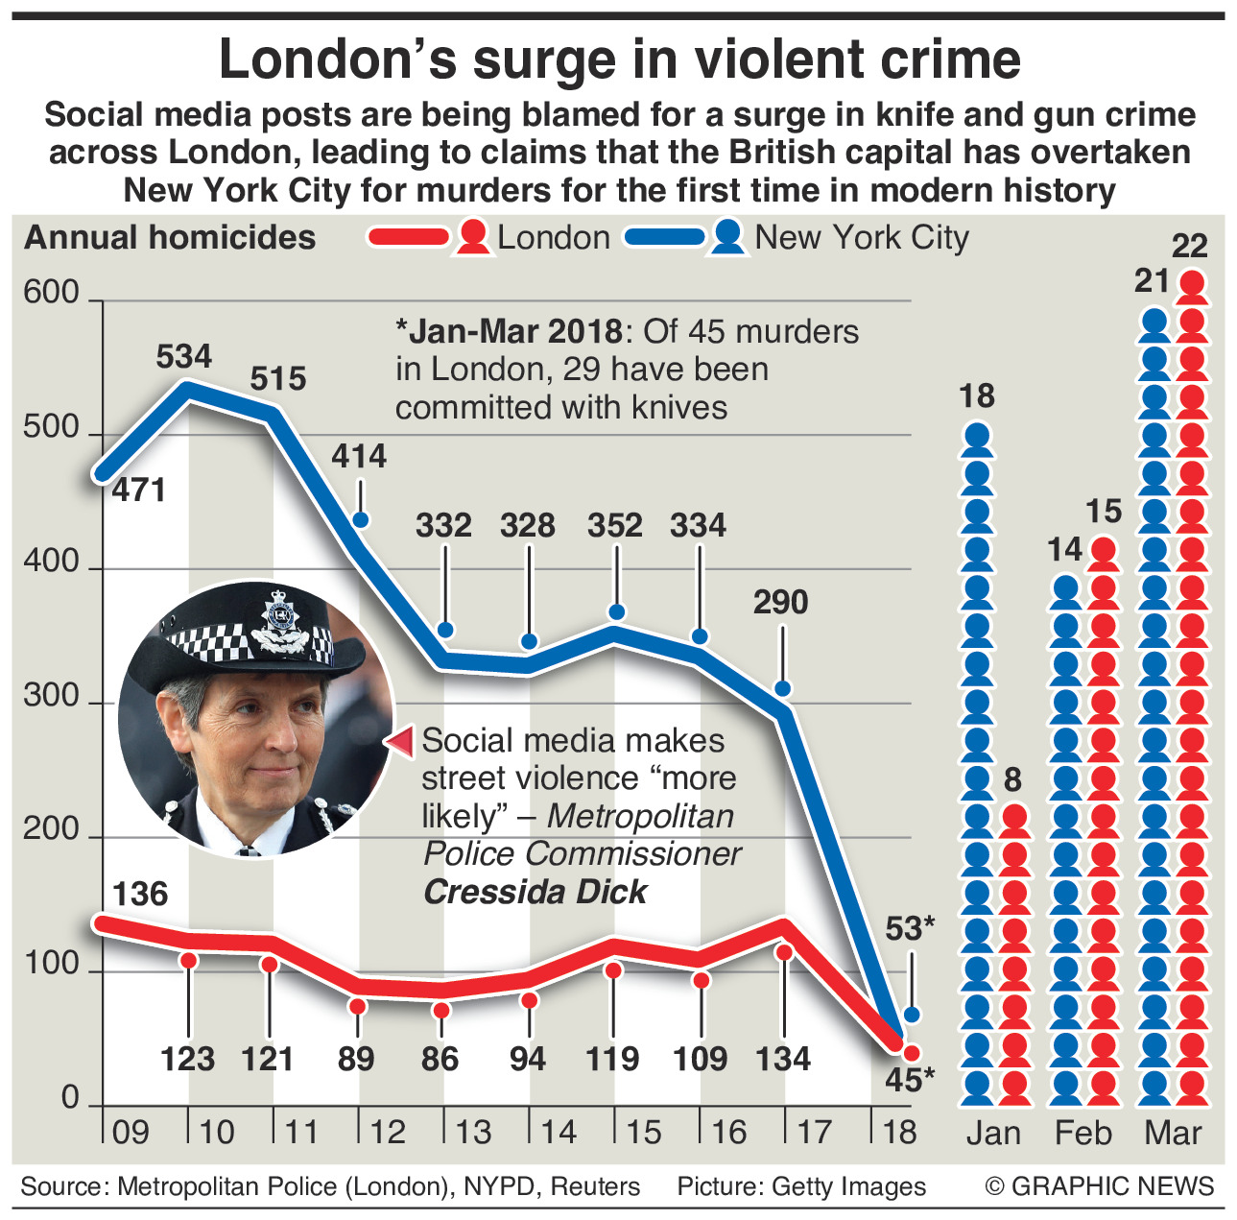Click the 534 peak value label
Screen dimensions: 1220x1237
183,357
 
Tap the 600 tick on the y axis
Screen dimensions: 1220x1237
51,294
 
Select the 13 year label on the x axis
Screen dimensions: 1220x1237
473,1133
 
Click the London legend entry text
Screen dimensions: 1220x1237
554,238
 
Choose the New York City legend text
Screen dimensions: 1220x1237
862,237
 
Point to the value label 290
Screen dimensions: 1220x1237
780,603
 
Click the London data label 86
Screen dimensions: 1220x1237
440,1059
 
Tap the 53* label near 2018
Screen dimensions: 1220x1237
909,929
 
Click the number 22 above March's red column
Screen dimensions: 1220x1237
1190,247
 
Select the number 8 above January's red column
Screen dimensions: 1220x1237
1012,780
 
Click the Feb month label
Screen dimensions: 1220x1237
1083,1134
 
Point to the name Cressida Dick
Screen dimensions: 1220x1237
535,892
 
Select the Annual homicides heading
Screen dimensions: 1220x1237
170,238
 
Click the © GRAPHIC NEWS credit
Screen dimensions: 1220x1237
1100,1186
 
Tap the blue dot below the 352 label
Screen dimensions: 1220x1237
617,612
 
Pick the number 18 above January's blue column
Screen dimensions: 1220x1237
977,396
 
